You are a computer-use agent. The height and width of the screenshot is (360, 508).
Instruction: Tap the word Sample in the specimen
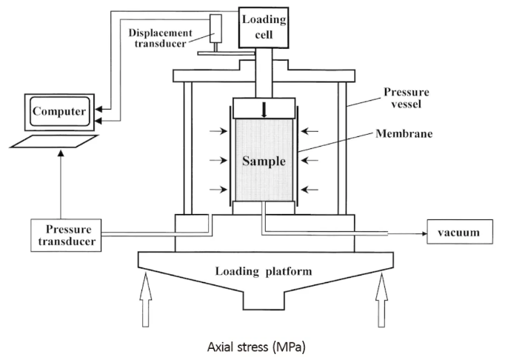pos(264,159)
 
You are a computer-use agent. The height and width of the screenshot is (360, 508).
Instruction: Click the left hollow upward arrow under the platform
pos(146,300)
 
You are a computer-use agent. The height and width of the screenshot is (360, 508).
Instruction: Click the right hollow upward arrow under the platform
pos(382,300)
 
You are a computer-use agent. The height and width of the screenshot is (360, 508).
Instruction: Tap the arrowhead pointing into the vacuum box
pos(424,233)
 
